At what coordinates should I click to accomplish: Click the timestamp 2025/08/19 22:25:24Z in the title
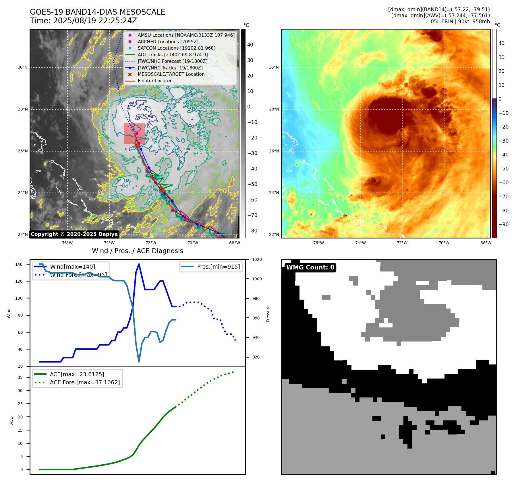tap(95, 21)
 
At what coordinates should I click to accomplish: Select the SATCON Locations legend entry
tap(176, 48)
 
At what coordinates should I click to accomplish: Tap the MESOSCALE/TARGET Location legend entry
tap(171, 74)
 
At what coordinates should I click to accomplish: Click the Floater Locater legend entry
tap(154, 81)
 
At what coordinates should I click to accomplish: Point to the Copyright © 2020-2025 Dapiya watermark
tap(74, 234)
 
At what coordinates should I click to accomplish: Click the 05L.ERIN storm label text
tap(442, 22)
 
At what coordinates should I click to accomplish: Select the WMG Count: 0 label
tap(310, 267)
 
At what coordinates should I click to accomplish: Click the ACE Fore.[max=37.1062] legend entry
tap(85, 383)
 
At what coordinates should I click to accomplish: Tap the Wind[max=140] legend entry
tap(72, 267)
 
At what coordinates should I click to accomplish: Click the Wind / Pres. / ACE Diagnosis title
tap(137, 251)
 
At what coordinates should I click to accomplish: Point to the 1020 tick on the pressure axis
tap(257, 260)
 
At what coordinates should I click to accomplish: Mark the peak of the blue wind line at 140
tap(139, 264)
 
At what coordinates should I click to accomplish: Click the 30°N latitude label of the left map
tap(23, 67)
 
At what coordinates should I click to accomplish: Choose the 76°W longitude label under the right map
tap(318, 243)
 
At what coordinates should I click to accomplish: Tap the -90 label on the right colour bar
tap(503, 224)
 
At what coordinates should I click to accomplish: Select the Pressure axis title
tap(268, 313)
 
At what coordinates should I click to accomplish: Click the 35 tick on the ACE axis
tap(20, 377)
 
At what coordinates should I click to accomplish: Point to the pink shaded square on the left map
tap(134, 134)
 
